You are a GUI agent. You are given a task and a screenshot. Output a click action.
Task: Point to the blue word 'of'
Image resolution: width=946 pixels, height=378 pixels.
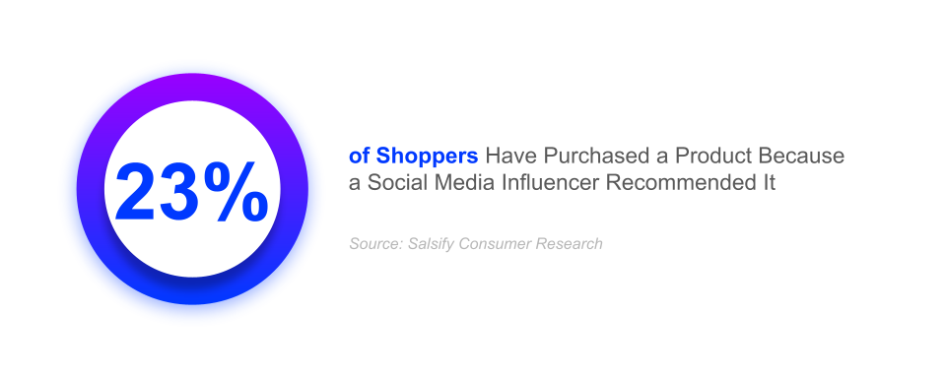(360, 157)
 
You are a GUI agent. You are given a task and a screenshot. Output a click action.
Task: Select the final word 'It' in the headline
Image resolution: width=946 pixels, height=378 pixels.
(769, 183)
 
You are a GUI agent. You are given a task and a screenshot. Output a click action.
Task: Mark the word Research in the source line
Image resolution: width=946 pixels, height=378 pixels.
(569, 243)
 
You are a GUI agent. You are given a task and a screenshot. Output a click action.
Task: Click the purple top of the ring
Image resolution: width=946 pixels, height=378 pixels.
(192, 89)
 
